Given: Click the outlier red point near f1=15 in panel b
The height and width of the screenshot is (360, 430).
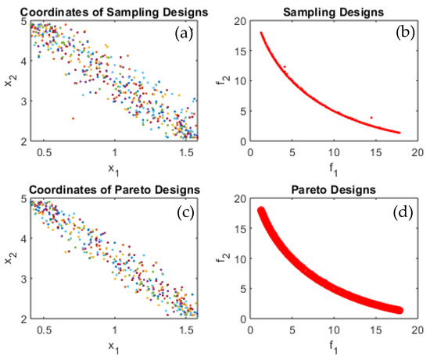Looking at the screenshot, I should (x=371, y=117).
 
